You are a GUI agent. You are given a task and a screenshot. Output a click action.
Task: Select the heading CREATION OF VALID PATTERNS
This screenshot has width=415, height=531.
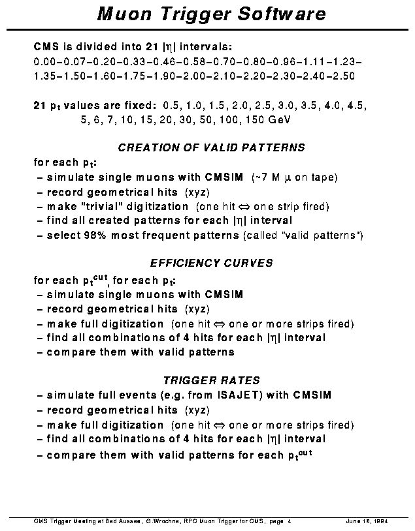pyautogui.click(x=211, y=148)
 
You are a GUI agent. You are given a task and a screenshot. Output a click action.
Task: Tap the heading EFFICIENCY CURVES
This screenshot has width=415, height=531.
pyautogui.click(x=211, y=264)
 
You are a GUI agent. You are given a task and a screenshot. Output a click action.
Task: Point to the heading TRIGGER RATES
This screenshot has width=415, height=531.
pyautogui.click(x=211, y=380)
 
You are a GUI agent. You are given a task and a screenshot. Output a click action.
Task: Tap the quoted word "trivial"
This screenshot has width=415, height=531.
pyautogui.click(x=99, y=206)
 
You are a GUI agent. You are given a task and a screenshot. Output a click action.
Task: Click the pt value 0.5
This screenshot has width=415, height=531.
pyautogui.click(x=171, y=106)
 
